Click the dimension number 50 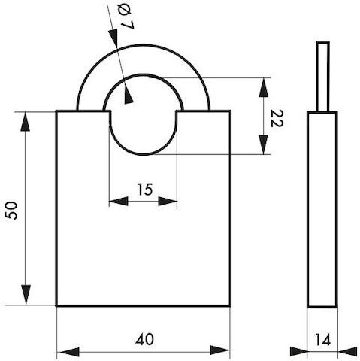pyautogui.click(x=12, y=211)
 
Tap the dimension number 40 pyautogui.click(x=145, y=339)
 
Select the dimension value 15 pyautogui.click(x=145, y=190)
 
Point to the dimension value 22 pyautogui.click(x=277, y=118)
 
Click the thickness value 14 pyautogui.click(x=322, y=340)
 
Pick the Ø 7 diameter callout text pyautogui.click(x=126, y=17)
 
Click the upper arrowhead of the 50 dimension pyautogui.click(x=25, y=121)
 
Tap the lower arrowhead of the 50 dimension pyautogui.click(x=26, y=295)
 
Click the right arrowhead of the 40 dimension pyautogui.click(x=219, y=350)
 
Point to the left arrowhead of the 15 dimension pyautogui.click(x=119, y=201)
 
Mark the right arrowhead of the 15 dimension pyautogui.click(x=168, y=201)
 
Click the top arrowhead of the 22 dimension pyautogui.click(x=264, y=87)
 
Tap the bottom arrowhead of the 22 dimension pyautogui.click(x=263, y=144)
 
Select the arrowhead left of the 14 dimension pyautogui.click(x=298, y=351)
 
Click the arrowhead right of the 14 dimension pyautogui.click(x=347, y=351)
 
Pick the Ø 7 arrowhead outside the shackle pyautogui.click(x=113, y=38)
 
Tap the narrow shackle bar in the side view pyautogui.click(x=322, y=77)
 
